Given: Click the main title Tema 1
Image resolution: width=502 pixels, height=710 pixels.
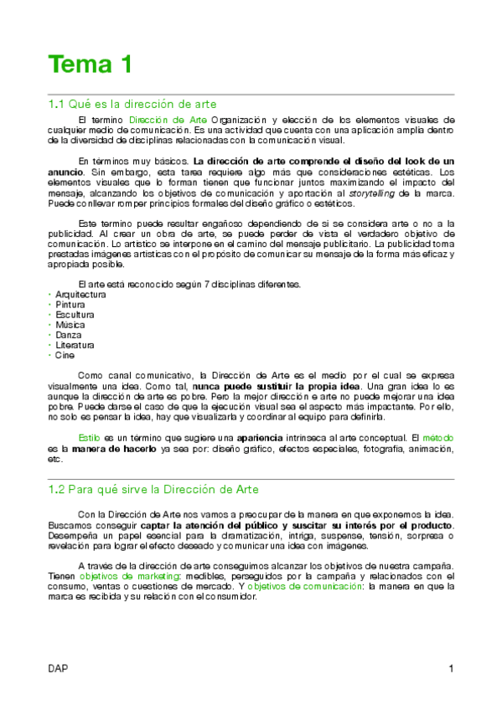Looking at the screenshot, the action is point(90,64).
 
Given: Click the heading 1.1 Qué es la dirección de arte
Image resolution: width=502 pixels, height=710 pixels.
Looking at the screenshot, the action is point(132,105).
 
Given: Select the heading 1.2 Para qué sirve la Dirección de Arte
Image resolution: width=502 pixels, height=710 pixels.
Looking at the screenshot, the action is point(153,488).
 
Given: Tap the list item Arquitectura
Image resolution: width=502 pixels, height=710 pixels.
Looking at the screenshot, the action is point(80,295).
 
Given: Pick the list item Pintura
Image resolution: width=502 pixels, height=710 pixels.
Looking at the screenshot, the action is point(70,305).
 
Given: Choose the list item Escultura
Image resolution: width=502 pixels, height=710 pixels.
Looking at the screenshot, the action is point(75,315).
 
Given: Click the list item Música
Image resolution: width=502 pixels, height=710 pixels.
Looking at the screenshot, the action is point(70,325).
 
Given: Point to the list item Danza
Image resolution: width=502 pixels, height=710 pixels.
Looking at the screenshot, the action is point(69,335).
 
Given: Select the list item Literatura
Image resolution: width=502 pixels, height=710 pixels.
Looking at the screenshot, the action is point(75,345).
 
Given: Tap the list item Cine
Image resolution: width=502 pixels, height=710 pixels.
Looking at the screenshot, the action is point(65,355).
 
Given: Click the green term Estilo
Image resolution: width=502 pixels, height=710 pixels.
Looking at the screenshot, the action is point(89,438).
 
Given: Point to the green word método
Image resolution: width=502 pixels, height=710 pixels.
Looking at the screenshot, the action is point(438,438).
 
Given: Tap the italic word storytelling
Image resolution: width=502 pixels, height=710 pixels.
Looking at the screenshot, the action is point(373,193).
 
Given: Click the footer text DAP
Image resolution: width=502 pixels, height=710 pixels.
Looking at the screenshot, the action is point(58,668).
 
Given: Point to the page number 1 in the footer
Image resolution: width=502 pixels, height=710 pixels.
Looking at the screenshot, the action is point(451,668).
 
